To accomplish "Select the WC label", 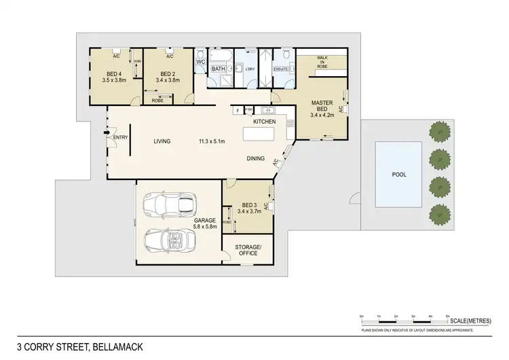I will coord(201,62).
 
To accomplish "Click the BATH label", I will coord(218,69).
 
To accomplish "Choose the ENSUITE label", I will coord(281,69).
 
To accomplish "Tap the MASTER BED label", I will coord(321,107).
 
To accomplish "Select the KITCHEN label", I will coord(264,121).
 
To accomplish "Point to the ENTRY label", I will coord(121,138).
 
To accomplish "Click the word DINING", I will coord(256,158).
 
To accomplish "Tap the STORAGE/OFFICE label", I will coord(247,249).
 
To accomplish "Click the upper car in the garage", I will coord(170,202).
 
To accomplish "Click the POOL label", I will coord(400,175).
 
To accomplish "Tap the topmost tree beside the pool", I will coord(440,133).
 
